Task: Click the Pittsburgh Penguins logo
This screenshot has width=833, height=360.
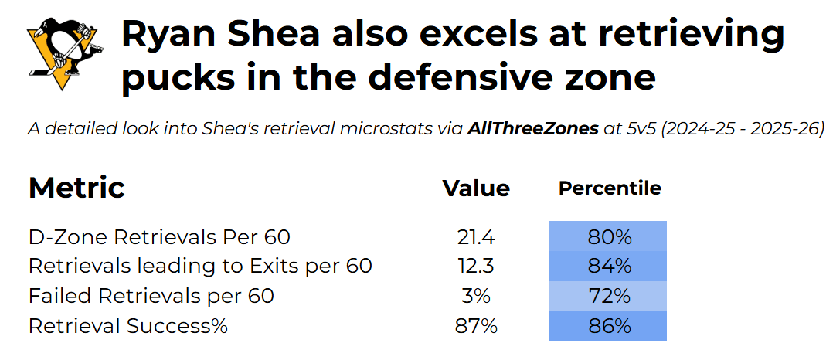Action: tap(66, 53)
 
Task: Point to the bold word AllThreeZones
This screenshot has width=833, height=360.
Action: tap(533, 129)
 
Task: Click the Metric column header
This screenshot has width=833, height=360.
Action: tap(76, 188)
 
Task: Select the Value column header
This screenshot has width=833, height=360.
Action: tap(476, 188)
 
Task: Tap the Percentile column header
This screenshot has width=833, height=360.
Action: tap(610, 188)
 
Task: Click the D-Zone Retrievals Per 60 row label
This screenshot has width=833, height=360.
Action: tap(159, 237)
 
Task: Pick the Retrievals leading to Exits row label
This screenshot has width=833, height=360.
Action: tap(200, 266)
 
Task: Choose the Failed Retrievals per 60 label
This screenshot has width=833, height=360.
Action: tap(151, 296)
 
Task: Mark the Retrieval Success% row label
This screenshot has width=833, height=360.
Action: tap(128, 325)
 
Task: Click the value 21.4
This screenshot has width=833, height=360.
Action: tap(476, 237)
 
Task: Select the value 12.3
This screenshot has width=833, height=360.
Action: tap(476, 266)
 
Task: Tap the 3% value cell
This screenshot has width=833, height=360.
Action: tap(476, 296)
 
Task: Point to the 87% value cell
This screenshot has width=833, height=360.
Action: tap(476, 325)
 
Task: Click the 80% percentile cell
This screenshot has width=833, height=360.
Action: tap(607, 236)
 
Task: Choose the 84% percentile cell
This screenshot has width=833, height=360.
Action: tap(607, 266)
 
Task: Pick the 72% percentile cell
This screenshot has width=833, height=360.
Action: tap(607, 296)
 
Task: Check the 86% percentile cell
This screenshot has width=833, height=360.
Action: tap(607, 326)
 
